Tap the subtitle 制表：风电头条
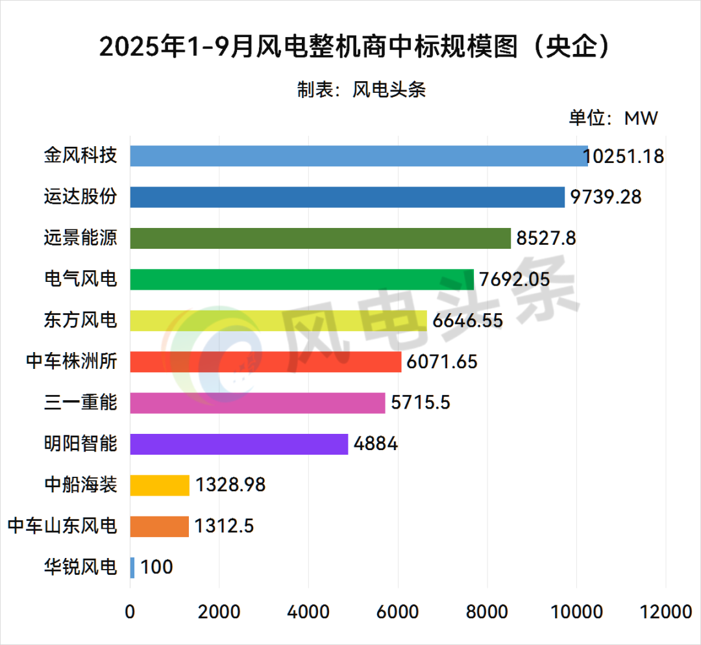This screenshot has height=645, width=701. click(362, 90)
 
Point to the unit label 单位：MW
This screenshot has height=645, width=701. click(613, 118)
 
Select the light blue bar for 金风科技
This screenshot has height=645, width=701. click(359, 156)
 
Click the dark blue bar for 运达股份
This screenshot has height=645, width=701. click(347, 197)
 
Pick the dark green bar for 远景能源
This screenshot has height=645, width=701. click(321, 238)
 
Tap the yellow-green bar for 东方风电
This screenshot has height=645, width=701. click(278, 320)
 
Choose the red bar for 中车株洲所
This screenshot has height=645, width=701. click(265, 361)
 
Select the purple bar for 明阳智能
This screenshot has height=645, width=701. click(239, 444)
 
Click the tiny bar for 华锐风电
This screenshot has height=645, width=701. click(132, 567)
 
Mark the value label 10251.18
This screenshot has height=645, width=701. click(623, 157)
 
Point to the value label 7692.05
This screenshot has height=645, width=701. click(514, 279)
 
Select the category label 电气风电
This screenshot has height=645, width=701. click(80, 279)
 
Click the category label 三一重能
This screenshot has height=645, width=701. click(80, 403)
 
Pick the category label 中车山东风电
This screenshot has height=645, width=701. click(62, 525)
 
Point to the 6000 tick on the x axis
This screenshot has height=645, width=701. click(398, 612)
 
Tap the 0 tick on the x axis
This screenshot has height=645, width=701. click(130, 612)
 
